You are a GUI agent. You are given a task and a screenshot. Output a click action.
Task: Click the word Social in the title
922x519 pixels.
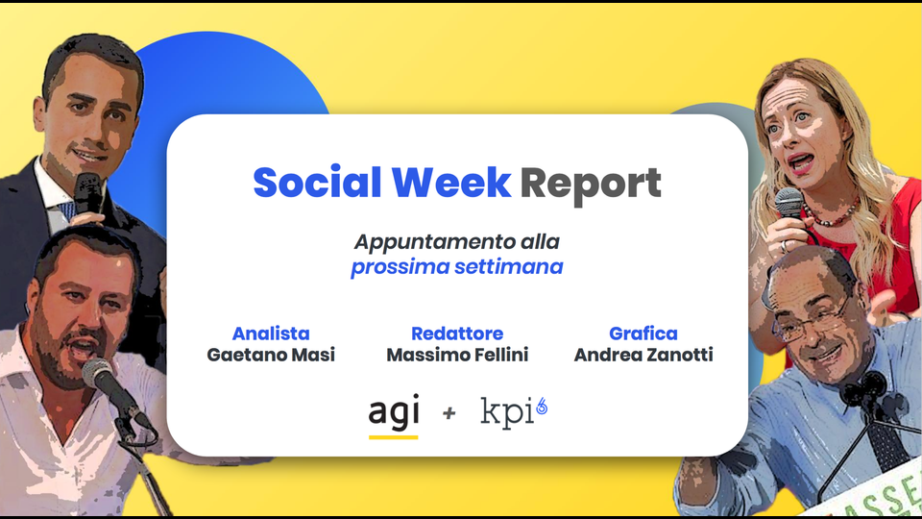pyautogui.click(x=317, y=182)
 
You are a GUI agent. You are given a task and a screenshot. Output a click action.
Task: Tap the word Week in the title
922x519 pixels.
pyautogui.click(x=451, y=182)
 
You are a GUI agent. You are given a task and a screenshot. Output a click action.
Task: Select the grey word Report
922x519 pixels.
pyautogui.click(x=591, y=185)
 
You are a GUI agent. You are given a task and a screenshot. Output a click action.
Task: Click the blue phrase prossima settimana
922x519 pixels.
pyautogui.click(x=457, y=267)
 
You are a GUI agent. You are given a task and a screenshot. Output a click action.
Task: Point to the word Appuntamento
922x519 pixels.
pyautogui.click(x=434, y=242)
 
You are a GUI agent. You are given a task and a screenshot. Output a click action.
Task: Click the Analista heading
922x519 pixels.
pyautogui.click(x=271, y=334)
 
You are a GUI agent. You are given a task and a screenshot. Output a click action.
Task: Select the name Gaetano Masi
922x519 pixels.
pyautogui.click(x=271, y=355)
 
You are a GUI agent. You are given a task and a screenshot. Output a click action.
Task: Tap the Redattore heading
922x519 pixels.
pyautogui.click(x=457, y=334)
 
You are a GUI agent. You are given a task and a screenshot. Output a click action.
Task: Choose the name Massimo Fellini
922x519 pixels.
pyautogui.click(x=457, y=355)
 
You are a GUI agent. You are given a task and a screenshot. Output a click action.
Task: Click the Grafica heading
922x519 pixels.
pyautogui.click(x=643, y=334)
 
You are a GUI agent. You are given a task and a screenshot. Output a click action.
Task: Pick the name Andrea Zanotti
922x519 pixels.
pyautogui.click(x=643, y=355)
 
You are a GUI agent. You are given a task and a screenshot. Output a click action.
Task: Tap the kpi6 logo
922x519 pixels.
pyautogui.click(x=514, y=412)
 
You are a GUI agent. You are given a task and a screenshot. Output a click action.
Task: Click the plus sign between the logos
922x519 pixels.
pyautogui.click(x=449, y=413)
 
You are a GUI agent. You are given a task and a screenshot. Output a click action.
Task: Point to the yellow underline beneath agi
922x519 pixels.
pyautogui.click(x=394, y=437)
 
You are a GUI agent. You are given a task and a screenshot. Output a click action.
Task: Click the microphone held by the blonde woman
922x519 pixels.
pyautogui.click(x=789, y=203)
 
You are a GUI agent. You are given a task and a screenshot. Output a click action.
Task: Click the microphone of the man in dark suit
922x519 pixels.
pyautogui.click(x=88, y=192)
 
